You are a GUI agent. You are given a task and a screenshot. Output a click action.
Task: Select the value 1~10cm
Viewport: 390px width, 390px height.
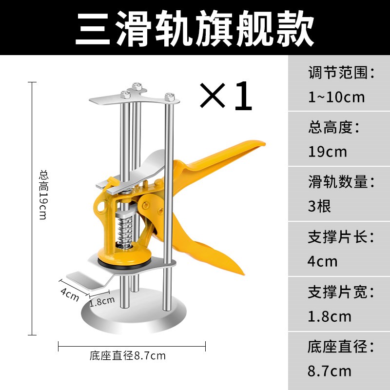336,97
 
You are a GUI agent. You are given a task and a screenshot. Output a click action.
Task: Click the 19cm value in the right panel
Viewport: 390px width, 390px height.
328,152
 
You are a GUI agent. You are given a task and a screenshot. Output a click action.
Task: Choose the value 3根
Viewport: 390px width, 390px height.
319,206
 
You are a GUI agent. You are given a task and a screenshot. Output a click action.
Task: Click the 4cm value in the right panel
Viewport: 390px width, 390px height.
322,261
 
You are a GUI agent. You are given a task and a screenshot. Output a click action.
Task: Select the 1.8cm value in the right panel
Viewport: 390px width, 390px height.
330,316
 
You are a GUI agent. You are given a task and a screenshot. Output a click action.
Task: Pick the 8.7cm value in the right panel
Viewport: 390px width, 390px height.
330,371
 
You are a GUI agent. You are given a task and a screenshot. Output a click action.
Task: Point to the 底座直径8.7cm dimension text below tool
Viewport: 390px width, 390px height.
128,356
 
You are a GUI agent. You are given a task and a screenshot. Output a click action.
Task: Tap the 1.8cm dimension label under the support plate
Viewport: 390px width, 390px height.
102,301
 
